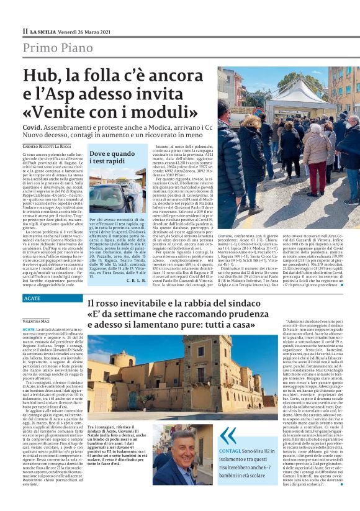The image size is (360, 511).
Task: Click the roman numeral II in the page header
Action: (25, 31)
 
